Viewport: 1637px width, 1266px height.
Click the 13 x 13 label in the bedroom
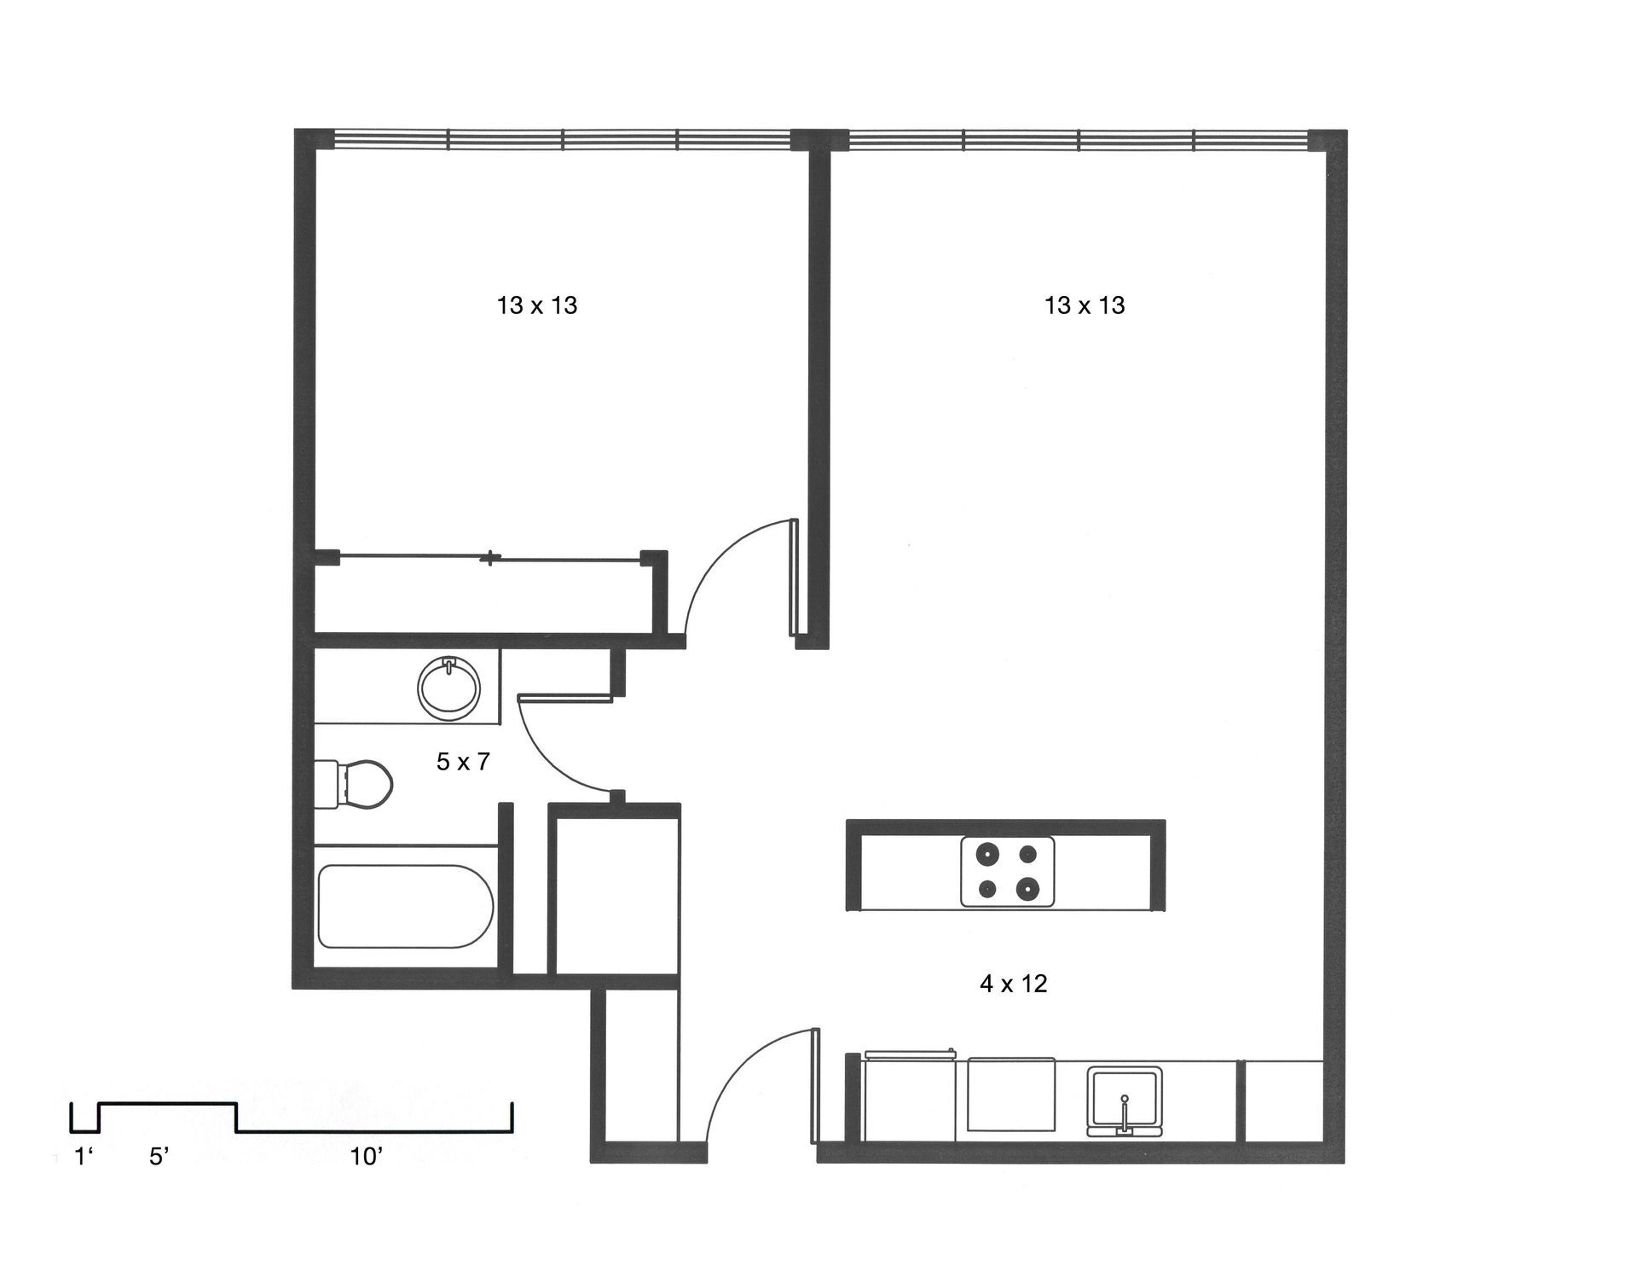(537, 305)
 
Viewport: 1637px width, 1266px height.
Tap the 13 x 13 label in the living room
(1085, 305)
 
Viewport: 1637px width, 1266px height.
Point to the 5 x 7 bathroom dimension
(463, 762)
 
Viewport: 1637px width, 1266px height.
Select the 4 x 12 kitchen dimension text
(1013, 984)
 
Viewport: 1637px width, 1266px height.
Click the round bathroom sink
(449, 686)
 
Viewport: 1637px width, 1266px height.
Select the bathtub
(406, 906)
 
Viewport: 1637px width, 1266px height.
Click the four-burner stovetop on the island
(1007, 871)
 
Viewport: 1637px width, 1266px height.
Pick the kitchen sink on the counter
(1125, 1100)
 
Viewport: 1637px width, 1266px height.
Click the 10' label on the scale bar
(367, 1158)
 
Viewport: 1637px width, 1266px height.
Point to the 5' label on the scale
(159, 1158)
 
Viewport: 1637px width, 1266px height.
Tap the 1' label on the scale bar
(83, 1158)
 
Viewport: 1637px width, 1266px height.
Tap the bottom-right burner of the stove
(1027, 889)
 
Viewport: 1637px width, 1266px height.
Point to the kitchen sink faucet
(1125, 1109)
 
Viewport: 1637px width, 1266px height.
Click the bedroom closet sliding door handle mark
(490, 560)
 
